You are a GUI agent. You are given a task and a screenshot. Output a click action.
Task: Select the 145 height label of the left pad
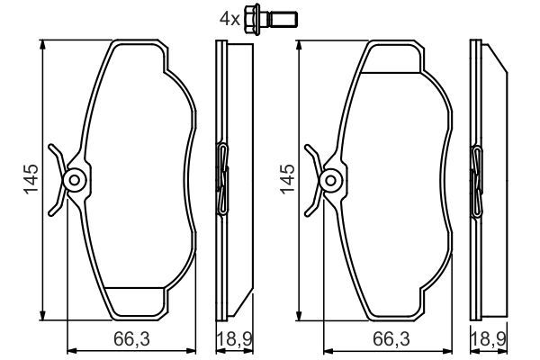29,180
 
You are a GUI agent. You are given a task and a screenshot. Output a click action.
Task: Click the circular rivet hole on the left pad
76,180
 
